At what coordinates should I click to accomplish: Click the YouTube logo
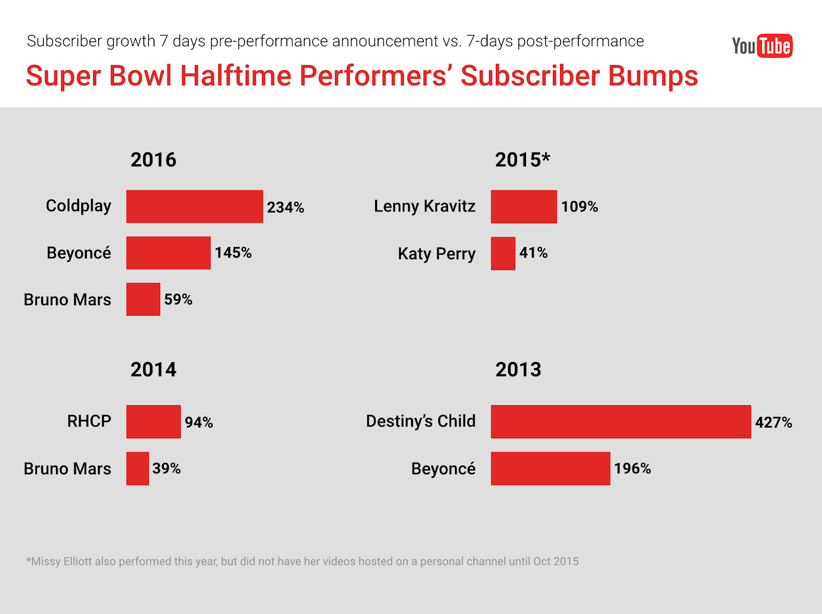click(762, 46)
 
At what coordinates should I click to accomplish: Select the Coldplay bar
click(194, 206)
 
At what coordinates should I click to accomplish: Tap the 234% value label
click(285, 207)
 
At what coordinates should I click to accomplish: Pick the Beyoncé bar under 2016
click(168, 253)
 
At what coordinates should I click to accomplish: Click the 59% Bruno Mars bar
click(143, 299)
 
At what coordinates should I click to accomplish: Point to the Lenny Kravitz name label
click(424, 206)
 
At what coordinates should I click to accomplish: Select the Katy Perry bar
click(503, 253)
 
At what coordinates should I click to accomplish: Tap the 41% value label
click(533, 253)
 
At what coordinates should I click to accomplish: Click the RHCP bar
click(153, 421)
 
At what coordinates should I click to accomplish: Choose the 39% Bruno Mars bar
click(137, 468)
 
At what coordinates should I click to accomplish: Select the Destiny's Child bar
click(621, 421)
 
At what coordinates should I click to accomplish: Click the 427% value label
click(773, 422)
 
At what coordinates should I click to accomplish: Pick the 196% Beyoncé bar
click(550, 468)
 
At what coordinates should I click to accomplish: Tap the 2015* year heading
click(522, 160)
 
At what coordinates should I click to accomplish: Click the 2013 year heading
click(518, 370)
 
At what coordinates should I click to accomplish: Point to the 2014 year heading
click(153, 370)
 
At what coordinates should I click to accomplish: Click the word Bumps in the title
click(653, 76)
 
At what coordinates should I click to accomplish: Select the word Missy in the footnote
click(46, 561)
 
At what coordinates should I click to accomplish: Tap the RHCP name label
click(89, 421)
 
